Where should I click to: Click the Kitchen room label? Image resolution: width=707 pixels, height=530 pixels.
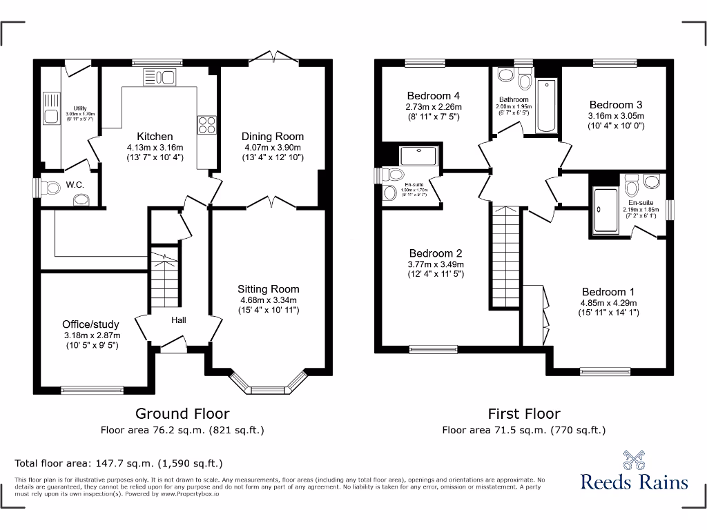155,136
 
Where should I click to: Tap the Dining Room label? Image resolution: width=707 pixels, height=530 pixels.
273,136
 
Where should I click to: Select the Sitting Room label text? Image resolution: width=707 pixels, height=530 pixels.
269,289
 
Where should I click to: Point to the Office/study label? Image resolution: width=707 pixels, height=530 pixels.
90,324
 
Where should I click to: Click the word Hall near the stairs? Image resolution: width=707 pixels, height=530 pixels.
179,320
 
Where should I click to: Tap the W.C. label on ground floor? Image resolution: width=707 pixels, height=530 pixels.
75,184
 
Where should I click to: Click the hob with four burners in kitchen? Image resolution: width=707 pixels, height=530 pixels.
206,124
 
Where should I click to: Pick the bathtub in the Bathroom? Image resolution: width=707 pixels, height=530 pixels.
546,106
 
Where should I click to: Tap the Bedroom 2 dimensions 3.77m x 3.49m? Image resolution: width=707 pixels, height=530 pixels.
436,264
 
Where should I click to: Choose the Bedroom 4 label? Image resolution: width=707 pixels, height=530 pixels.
434,96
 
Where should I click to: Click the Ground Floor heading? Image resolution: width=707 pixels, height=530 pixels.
182,413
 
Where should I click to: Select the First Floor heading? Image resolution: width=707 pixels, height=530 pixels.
524,413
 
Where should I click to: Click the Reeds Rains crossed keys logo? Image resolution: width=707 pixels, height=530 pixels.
634,459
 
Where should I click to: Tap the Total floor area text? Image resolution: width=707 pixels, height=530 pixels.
119,463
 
